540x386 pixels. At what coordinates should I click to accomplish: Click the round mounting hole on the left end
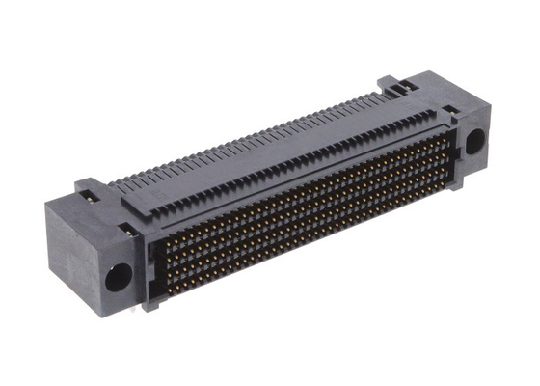[x=116, y=275]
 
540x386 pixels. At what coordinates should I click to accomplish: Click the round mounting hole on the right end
[x=475, y=142]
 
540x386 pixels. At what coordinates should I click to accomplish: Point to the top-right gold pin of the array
[x=446, y=136]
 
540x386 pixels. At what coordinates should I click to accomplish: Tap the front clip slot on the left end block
[x=124, y=230]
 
